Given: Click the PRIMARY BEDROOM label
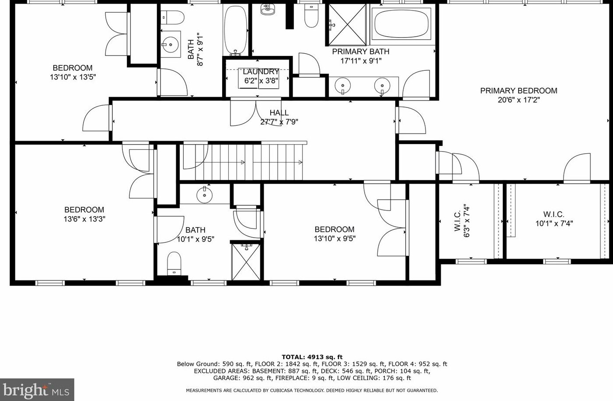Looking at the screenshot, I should coord(519,91).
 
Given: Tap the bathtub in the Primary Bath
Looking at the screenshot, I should coord(401,24).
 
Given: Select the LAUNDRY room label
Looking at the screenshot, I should coord(261,72).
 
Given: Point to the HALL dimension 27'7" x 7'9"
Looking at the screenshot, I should coord(279,122).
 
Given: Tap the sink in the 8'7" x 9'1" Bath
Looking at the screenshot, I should coord(170,44).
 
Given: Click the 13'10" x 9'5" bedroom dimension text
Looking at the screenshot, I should coord(334,239).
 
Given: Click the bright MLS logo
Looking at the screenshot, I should coord(37,389).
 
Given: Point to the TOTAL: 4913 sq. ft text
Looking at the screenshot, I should coord(312,357).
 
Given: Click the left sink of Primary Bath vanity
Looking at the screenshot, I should coord(343,85).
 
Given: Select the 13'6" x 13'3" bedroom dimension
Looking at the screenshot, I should coord(84,219).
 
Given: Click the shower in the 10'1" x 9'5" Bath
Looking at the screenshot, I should coord(246,261).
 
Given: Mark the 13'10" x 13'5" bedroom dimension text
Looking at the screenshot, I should coord(73,77).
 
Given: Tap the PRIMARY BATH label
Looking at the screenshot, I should coord(361,52).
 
